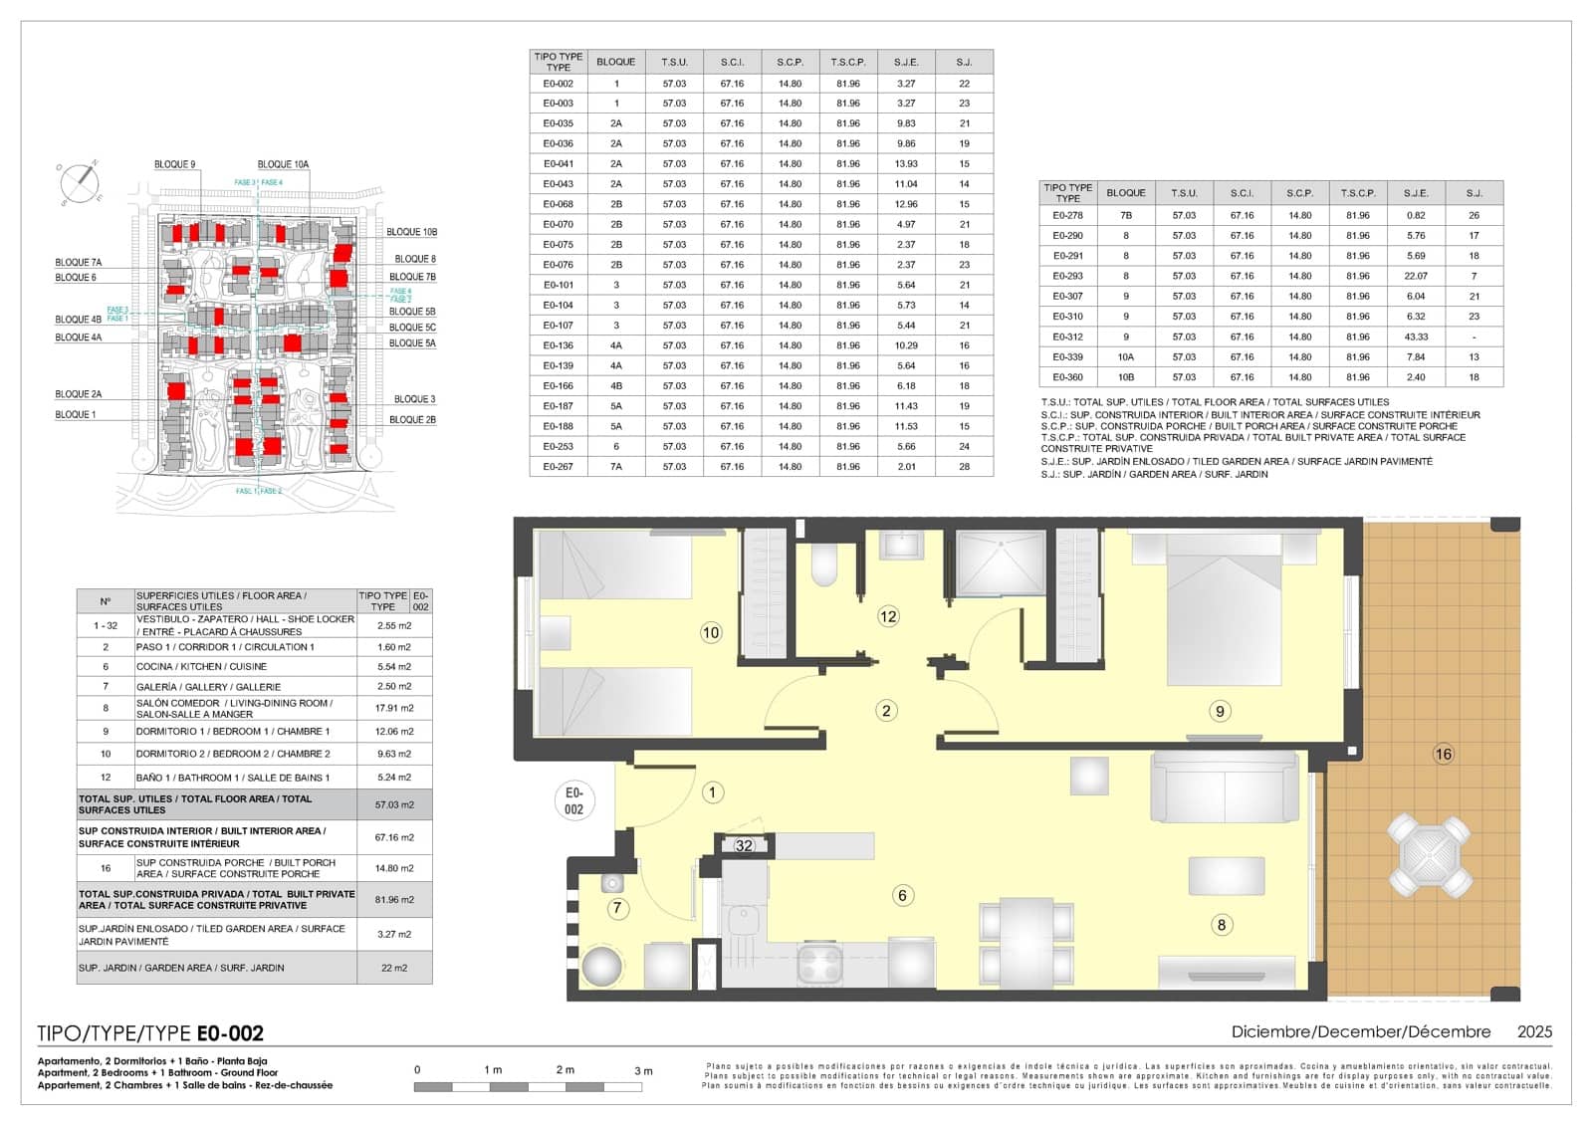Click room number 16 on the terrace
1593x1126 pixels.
click(1443, 754)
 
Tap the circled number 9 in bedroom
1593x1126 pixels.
click(1219, 711)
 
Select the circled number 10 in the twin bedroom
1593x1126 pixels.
click(710, 632)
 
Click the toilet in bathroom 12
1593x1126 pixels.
click(824, 565)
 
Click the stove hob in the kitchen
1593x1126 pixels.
click(820, 964)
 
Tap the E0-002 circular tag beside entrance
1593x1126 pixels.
click(573, 800)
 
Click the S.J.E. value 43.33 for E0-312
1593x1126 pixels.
click(1415, 337)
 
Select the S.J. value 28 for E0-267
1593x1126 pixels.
click(964, 466)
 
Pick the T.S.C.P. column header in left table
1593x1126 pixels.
click(847, 62)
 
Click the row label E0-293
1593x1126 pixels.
click(1067, 276)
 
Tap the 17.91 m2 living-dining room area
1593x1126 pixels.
click(393, 708)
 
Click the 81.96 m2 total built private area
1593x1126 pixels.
click(393, 899)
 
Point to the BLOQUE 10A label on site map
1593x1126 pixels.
click(283, 164)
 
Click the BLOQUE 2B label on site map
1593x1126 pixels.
click(412, 419)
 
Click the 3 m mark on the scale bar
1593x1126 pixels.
click(643, 1070)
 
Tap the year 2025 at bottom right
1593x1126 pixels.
click(1533, 1032)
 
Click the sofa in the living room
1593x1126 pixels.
click(1225, 787)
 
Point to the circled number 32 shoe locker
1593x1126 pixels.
click(744, 845)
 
